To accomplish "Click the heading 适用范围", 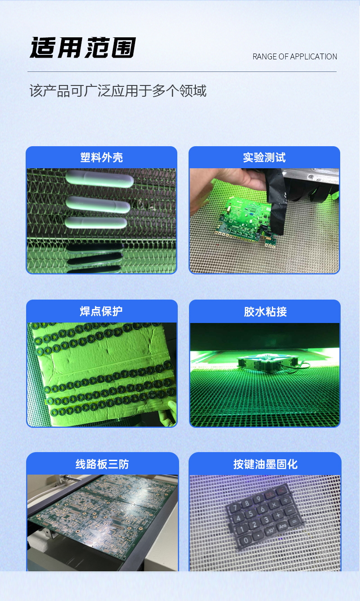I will tap(83, 48).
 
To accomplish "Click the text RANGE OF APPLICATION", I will tap(295, 57).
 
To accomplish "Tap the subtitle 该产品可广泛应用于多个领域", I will tap(118, 91).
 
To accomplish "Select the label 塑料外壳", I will tap(101, 157).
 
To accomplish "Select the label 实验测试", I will tap(264, 157).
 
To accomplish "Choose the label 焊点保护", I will tap(101, 311).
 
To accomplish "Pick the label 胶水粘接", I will tap(265, 311).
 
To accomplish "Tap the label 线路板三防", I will tap(102, 464).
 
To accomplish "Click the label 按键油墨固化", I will tap(265, 464).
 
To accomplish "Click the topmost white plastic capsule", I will tap(100, 178).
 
